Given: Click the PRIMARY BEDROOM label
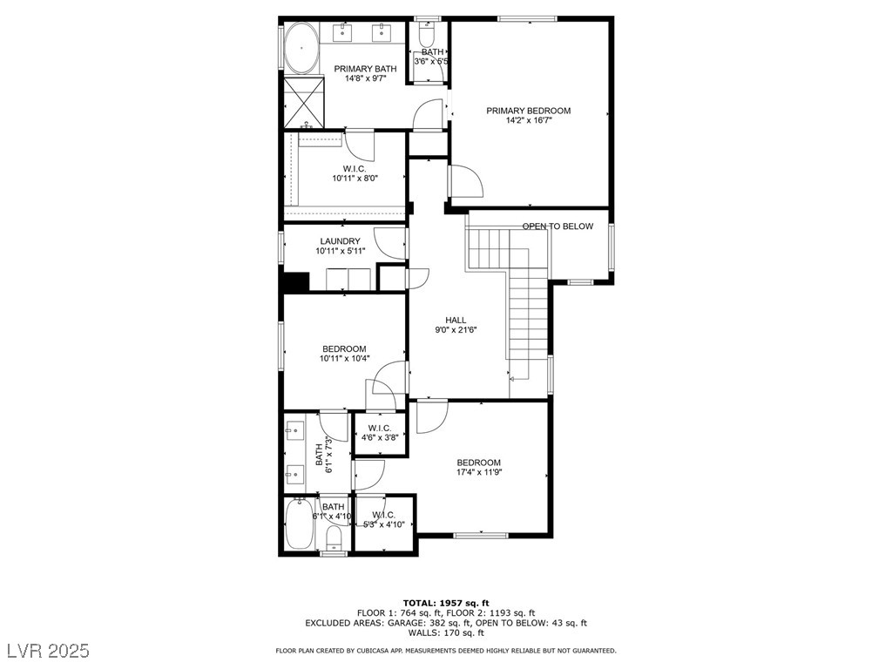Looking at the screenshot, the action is click(x=528, y=111).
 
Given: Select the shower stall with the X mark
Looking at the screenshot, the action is click(x=304, y=103).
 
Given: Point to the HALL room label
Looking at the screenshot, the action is click(x=456, y=321).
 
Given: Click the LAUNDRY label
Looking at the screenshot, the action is click(x=341, y=241).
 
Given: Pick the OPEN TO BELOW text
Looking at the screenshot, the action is click(x=557, y=226).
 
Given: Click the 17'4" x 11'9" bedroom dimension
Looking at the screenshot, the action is click(x=479, y=471).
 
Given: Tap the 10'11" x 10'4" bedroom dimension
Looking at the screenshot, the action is click(x=345, y=358).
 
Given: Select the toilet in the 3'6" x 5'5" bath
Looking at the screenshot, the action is click(x=425, y=36).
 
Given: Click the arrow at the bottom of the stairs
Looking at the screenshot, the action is click(x=518, y=379).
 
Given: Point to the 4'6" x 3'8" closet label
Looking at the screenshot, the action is click(x=380, y=437).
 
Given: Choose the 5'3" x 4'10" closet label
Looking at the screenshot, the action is click(x=384, y=524).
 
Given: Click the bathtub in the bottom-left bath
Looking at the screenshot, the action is click(x=298, y=524).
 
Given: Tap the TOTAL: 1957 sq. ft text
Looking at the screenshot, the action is click(x=446, y=603).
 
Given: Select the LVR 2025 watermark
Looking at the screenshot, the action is click(x=49, y=650).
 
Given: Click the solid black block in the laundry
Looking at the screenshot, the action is click(x=296, y=282).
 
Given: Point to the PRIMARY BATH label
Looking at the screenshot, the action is click(x=365, y=69).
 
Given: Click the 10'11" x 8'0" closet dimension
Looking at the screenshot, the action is click(x=355, y=178).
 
